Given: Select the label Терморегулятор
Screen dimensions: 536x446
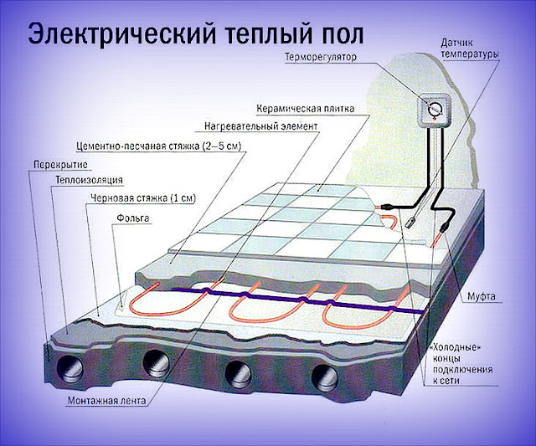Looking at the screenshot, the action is point(321,57).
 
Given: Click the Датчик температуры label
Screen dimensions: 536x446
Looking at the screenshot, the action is point(470,49).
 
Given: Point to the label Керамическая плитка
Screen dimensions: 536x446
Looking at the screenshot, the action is point(305,109).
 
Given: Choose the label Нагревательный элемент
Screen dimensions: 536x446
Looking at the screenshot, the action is point(261,126).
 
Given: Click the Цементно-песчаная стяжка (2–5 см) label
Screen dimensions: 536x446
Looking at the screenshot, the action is point(159,146).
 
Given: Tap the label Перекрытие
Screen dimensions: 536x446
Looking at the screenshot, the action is point(60,165).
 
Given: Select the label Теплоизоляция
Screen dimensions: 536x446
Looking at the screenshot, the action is point(89,180).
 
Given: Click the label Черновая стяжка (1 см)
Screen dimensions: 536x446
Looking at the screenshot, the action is point(143,198).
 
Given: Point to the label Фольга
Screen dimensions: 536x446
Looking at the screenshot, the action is point(133,218).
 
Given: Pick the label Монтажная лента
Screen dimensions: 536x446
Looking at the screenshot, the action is point(106,400).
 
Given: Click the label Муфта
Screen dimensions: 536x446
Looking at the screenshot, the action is point(482,296).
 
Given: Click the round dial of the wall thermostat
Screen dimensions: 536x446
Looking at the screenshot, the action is point(435,109).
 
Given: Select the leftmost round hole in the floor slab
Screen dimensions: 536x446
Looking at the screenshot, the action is point(70,369).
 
